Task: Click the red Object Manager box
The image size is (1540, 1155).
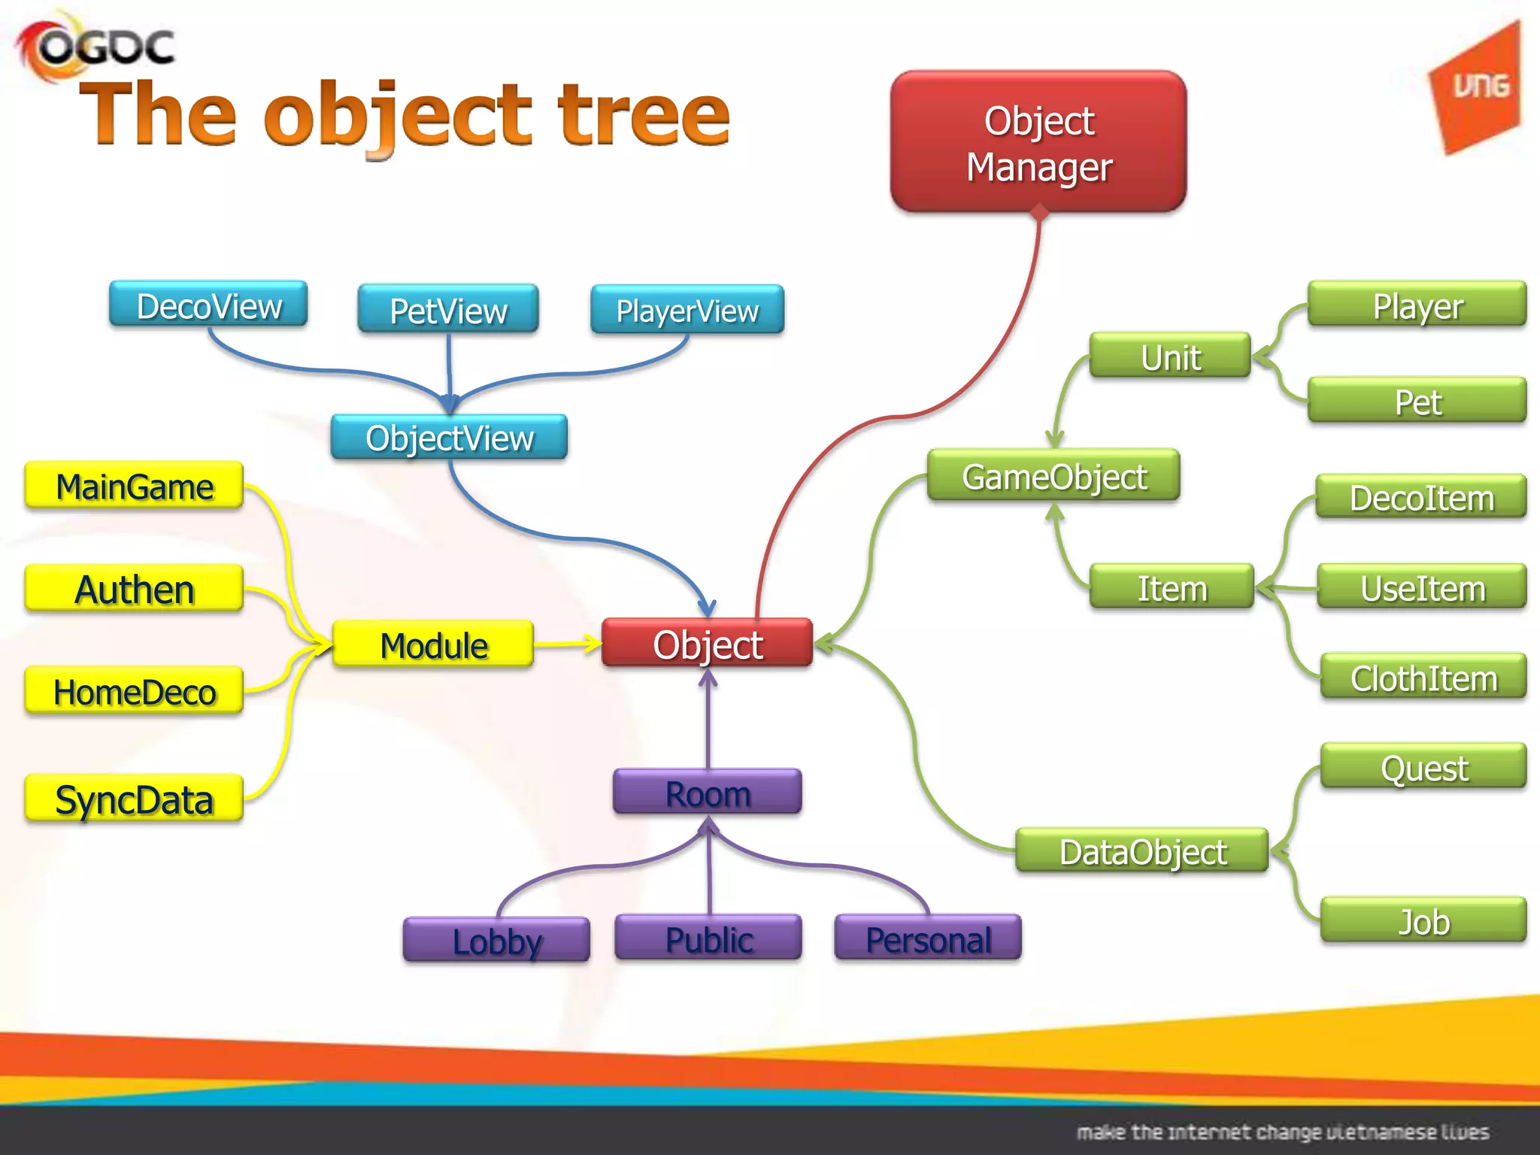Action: click(1038, 142)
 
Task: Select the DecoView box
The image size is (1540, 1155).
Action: click(208, 305)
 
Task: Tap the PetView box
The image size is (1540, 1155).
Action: click(448, 309)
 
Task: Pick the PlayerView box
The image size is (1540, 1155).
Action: click(687, 310)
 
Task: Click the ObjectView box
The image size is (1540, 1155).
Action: click(449, 437)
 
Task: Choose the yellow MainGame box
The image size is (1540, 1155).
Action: click(134, 486)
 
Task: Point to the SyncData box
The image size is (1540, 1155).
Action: click(134, 799)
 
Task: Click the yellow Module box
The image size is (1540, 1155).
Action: click(433, 644)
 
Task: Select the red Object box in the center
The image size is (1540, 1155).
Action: click(707, 644)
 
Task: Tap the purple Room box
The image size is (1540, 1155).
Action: click(707, 793)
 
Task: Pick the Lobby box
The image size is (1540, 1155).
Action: click(496, 940)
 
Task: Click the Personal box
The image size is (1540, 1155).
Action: click(928, 938)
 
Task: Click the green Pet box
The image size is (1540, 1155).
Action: click(1417, 401)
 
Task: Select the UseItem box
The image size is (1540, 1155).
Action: click(1422, 587)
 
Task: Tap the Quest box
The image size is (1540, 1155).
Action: click(1423, 767)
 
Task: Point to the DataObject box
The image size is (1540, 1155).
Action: click(1141, 851)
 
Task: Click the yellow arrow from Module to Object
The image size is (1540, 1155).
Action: click(567, 644)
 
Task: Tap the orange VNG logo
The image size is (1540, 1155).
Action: click(1478, 89)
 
